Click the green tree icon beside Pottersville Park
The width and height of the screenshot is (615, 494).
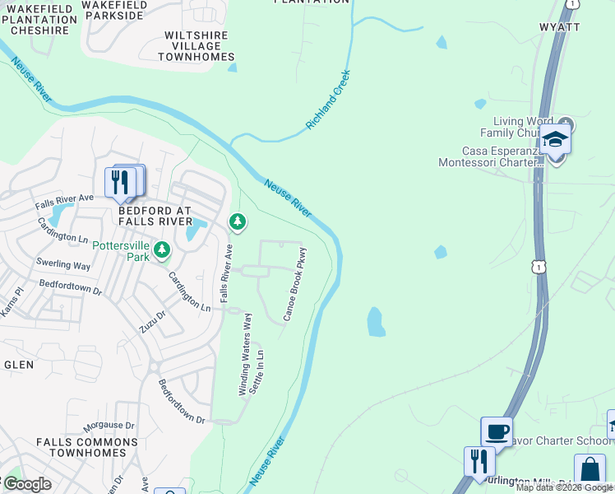click(162, 248)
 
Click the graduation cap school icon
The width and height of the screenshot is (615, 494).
click(556, 138)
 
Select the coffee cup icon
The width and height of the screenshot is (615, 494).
click(497, 431)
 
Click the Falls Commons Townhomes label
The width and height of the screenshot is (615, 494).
click(81, 447)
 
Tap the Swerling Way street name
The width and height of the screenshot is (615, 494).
click(63, 265)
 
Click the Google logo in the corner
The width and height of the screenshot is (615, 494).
click(27, 484)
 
